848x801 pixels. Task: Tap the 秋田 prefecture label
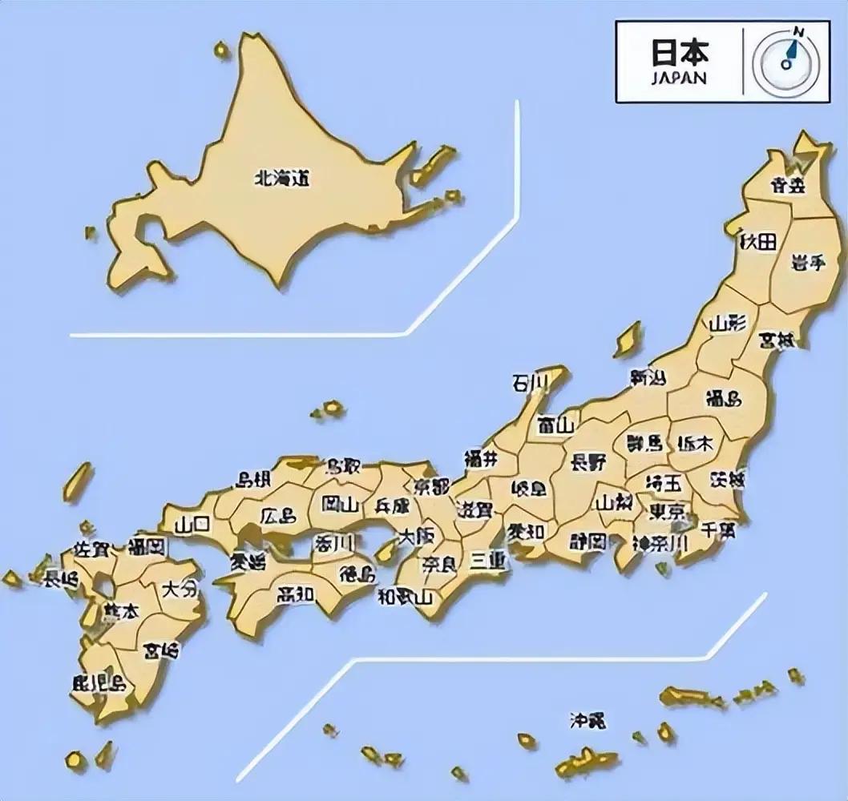(758, 241)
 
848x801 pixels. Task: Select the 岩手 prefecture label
(806, 264)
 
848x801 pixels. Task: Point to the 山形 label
(727, 324)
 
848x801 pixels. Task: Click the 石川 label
(529, 383)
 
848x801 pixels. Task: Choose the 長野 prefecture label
(588, 462)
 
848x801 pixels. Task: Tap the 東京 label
(667, 511)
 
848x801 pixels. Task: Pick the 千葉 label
(718, 531)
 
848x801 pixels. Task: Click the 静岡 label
(588, 541)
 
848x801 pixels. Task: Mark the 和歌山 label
(405, 596)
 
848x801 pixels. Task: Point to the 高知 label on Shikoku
(296, 594)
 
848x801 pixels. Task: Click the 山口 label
(193, 524)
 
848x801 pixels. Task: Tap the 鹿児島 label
(99, 682)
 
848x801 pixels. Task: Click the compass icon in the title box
(787, 62)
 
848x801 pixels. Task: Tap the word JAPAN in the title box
(678, 78)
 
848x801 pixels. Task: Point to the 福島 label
(723, 398)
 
